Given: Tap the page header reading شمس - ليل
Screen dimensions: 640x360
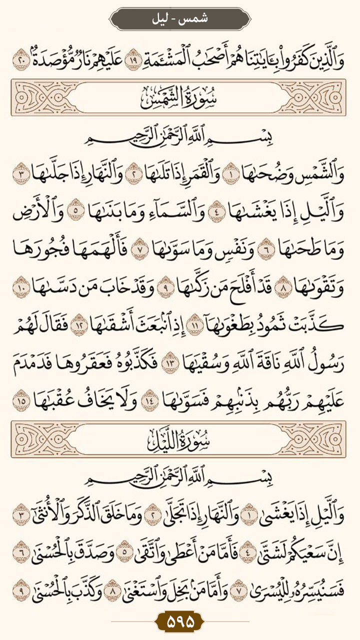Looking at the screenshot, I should coord(180,19).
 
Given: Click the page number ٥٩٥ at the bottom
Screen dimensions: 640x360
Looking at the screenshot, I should coord(180,622).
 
